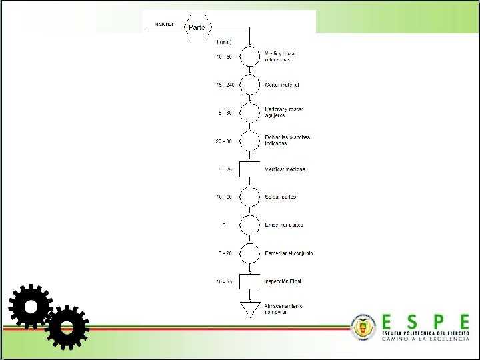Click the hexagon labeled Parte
tap(197, 27)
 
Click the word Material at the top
tap(165, 25)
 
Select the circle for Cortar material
tap(249, 85)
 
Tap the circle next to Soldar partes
tap(249, 197)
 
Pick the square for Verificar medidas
tap(249, 169)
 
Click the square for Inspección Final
tap(249, 281)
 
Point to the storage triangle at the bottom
tap(249, 309)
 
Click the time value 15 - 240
tap(225, 85)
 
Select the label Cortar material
tap(282, 85)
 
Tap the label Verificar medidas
tap(285, 169)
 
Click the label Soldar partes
tap(281, 197)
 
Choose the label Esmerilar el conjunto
tap(289, 253)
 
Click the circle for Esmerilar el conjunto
tap(249, 253)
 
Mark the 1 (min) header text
tap(224, 42)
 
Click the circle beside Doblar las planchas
tap(249, 141)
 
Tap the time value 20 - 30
tap(224, 141)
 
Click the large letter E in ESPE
tap(389, 322)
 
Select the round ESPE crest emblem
tap(363, 327)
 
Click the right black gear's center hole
tap(67, 327)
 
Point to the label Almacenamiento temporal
tap(283, 309)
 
